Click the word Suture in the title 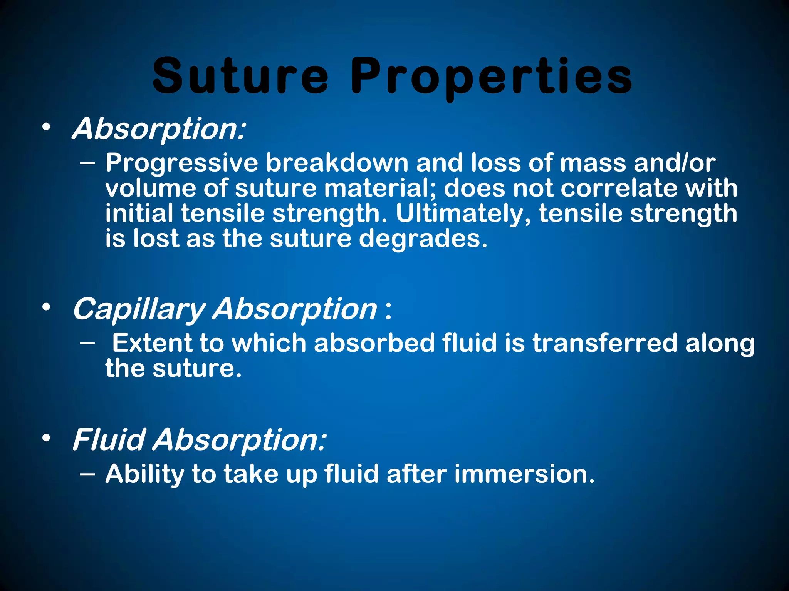point(240,76)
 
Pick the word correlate point(617,189)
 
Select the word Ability point(145,474)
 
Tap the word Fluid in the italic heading point(109,440)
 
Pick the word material point(379,189)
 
